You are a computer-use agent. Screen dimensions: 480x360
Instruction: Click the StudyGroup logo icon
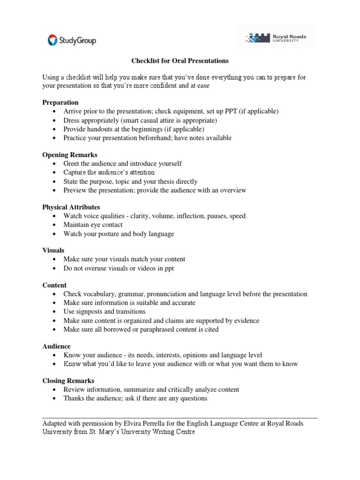click(52, 40)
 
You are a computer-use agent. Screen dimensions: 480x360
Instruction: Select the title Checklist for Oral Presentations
click(179, 61)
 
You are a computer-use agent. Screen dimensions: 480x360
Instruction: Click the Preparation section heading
click(60, 102)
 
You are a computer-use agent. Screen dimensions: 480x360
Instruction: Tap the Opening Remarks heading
click(70, 155)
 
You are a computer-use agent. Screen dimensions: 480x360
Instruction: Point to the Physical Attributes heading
click(71, 207)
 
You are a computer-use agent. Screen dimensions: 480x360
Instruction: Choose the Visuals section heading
click(53, 250)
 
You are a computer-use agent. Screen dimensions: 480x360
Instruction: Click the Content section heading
click(54, 285)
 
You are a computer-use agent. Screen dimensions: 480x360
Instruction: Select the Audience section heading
click(56, 346)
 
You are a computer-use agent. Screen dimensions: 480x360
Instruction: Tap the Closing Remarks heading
click(68, 381)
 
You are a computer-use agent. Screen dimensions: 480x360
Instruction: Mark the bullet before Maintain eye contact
click(54, 225)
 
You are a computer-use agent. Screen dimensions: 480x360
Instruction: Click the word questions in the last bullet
click(192, 398)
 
